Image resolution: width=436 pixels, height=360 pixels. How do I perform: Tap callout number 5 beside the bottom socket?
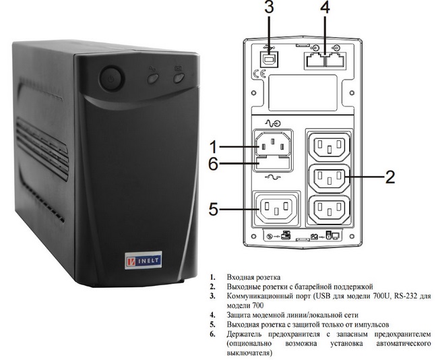[x=215, y=209]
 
